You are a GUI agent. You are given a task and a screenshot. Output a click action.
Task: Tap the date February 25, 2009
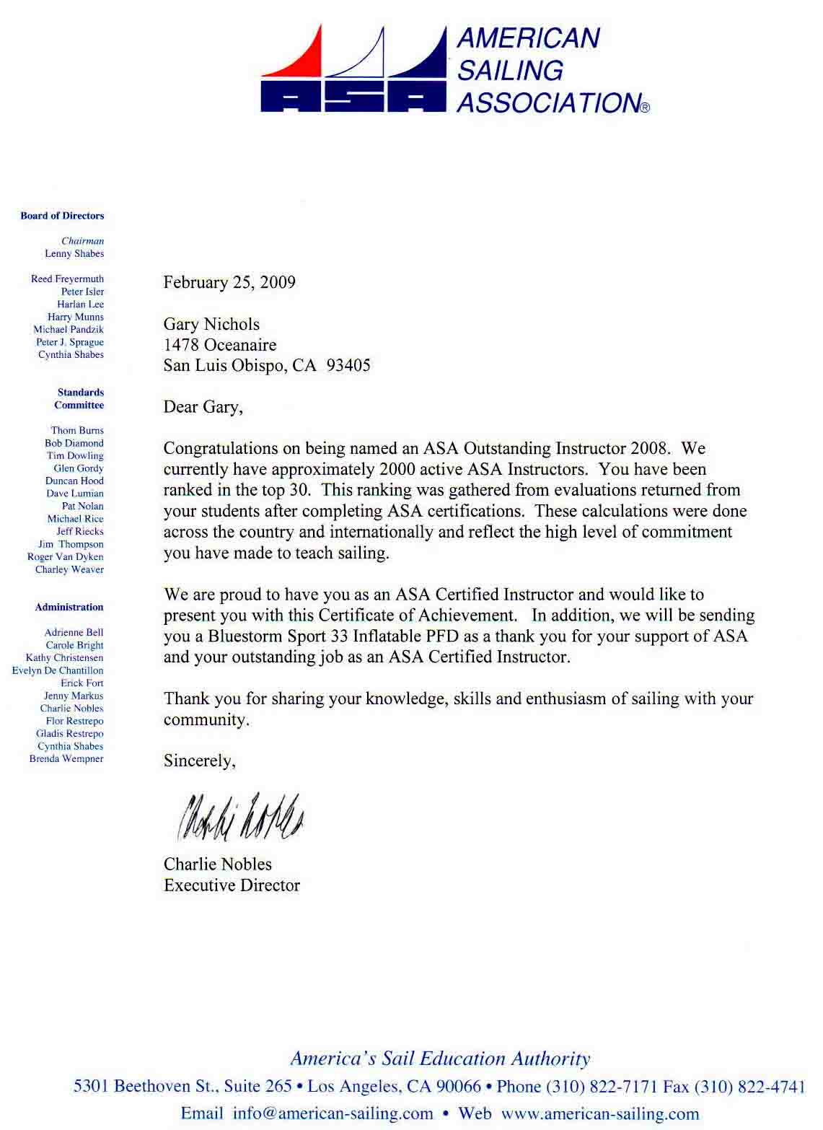(x=229, y=282)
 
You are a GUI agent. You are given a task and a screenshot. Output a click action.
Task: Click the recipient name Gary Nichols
(x=211, y=324)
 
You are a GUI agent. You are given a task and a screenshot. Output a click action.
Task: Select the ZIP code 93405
(x=348, y=365)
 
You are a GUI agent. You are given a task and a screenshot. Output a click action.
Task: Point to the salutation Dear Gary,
(x=203, y=407)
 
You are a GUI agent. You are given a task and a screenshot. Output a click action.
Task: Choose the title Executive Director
(x=232, y=885)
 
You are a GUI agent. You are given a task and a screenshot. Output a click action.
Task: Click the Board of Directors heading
(x=62, y=216)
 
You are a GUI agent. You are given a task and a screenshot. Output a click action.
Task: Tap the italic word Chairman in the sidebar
(x=82, y=241)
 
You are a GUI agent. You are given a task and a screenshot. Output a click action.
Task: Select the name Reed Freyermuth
(x=67, y=279)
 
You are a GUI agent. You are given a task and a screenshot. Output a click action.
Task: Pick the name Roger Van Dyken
(x=65, y=557)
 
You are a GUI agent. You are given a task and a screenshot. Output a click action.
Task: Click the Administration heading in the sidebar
(x=69, y=608)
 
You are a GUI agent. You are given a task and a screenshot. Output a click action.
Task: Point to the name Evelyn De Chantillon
(x=58, y=670)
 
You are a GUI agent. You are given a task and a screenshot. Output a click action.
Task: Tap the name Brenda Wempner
(x=66, y=759)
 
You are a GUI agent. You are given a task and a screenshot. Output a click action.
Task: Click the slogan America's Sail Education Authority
(x=440, y=1059)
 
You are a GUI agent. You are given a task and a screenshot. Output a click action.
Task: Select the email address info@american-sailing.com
(x=333, y=1113)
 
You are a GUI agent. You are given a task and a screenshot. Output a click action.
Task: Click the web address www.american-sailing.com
(x=600, y=1113)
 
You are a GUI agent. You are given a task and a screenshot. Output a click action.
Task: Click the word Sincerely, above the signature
(x=199, y=761)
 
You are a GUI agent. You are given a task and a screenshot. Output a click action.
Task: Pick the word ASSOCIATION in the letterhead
(x=548, y=103)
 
